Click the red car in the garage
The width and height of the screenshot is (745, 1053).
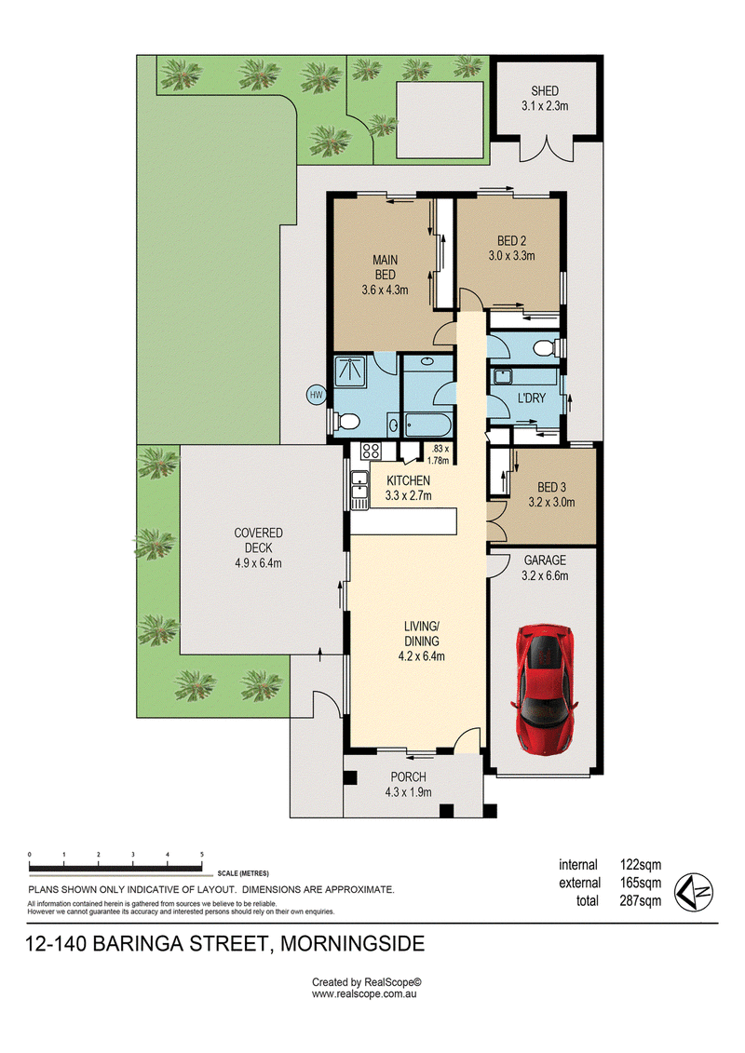tap(544, 688)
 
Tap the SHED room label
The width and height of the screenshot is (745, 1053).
tap(545, 90)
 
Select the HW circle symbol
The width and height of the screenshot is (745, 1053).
tap(317, 395)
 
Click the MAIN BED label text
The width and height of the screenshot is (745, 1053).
tap(385, 267)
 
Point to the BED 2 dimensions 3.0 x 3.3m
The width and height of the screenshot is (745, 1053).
tap(512, 256)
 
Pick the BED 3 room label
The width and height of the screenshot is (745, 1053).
tap(551, 488)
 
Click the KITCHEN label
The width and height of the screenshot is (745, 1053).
tap(409, 480)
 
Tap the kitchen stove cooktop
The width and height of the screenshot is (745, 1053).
tap(371, 451)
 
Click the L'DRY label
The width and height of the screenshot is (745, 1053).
tap(532, 398)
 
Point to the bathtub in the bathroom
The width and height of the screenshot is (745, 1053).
tap(427, 425)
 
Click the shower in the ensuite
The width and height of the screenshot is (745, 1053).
tap(351, 372)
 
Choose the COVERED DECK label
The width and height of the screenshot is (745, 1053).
tap(259, 541)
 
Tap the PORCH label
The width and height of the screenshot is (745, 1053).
tap(409, 777)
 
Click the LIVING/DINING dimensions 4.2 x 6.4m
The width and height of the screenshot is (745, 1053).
tap(421, 656)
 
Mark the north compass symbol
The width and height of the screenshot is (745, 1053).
tap(693, 893)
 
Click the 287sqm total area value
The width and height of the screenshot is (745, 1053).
tap(640, 901)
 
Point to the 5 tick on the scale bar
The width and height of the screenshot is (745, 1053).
tap(201, 855)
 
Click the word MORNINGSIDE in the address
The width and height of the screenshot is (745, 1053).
tap(352, 944)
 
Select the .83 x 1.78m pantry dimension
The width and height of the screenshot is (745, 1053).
tap(440, 454)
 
